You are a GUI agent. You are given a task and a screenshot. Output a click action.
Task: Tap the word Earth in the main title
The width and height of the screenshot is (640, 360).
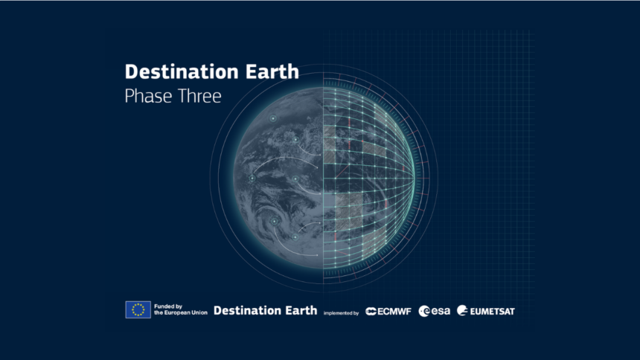[x=272, y=72]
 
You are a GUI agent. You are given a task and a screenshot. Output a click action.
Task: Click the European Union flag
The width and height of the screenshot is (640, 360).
[x=138, y=310]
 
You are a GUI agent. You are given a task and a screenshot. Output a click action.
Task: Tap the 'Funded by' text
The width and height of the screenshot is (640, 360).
[x=168, y=306]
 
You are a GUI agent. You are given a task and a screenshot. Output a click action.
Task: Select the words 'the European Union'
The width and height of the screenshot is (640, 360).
[x=181, y=312]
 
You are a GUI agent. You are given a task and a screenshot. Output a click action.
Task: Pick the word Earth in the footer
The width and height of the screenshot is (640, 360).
[x=301, y=311]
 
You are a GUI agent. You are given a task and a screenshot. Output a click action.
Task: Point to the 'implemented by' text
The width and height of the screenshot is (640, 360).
[x=342, y=313]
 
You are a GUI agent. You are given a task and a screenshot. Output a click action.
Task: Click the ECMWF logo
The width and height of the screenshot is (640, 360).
[x=388, y=312]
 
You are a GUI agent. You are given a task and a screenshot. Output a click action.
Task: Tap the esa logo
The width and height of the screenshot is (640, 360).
[x=435, y=311]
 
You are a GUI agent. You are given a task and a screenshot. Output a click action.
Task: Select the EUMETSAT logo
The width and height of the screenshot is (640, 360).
[x=486, y=311]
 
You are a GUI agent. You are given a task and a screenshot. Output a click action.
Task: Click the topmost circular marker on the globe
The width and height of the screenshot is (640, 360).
[x=272, y=118]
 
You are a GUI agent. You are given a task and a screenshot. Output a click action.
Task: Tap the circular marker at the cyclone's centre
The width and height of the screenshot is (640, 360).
[x=275, y=221]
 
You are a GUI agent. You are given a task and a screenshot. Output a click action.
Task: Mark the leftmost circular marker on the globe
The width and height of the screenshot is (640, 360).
[x=252, y=179]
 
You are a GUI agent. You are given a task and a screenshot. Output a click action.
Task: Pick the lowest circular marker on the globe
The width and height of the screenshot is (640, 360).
[x=295, y=237]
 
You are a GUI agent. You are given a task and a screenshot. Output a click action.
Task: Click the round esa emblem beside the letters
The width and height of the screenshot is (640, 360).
[x=424, y=312]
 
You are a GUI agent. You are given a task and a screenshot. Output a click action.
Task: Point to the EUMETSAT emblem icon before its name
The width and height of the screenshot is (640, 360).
[x=462, y=310]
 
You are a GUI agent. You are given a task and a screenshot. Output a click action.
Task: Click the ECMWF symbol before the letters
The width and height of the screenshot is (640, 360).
[x=371, y=312]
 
